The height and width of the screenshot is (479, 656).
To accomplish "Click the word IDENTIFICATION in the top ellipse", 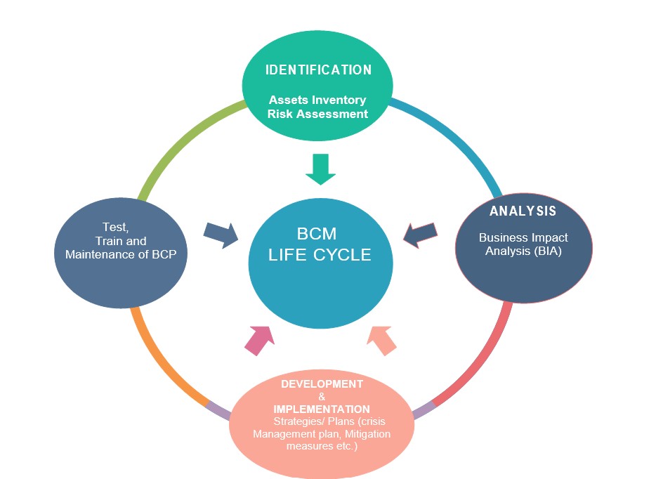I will coord(318,70).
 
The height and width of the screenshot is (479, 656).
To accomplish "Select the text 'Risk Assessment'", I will coord(317,113).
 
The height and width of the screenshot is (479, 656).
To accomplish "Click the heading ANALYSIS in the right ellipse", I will coord(523,211).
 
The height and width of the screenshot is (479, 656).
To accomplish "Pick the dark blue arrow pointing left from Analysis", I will coord(423,235).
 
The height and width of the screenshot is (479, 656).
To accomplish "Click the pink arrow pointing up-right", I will coord(258,340).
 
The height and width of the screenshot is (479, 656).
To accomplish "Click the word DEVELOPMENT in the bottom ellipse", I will coord(322,384).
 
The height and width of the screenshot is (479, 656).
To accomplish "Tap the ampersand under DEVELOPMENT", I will coord(322,397).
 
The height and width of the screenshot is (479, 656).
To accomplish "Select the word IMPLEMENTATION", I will coord(322,409).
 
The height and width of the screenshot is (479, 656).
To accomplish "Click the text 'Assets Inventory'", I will coord(317,100).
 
